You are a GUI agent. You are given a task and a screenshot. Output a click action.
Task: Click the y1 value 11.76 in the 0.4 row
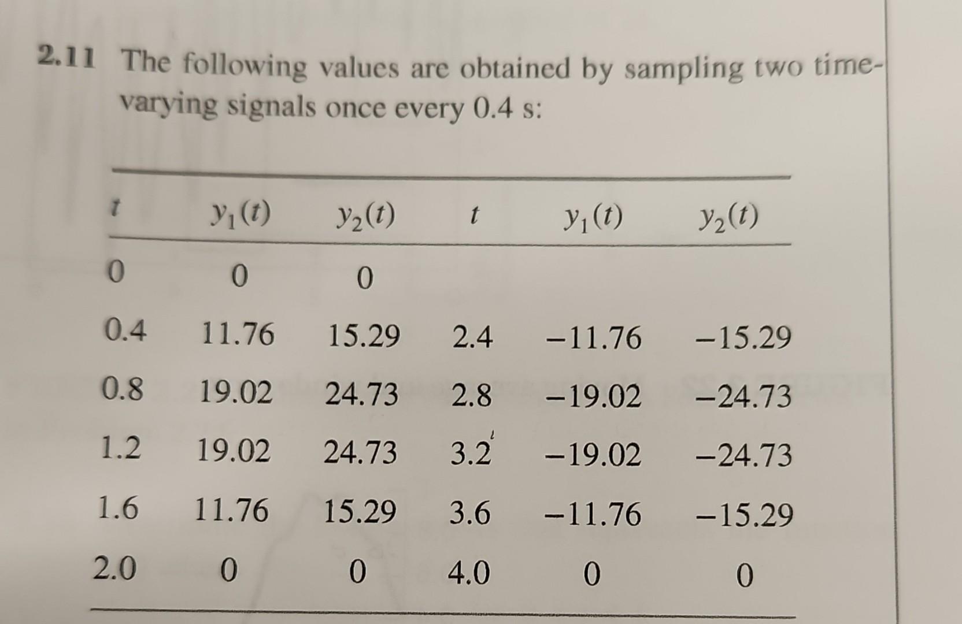[237, 335]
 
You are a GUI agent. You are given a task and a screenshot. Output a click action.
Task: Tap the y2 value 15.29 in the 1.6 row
[360, 511]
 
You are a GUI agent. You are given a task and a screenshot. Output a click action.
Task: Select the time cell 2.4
[472, 337]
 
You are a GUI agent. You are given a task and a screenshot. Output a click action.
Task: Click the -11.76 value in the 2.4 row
[593, 338]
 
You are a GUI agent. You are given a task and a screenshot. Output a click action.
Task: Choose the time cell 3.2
[471, 454]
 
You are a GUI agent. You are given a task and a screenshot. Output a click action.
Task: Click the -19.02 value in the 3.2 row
[593, 455]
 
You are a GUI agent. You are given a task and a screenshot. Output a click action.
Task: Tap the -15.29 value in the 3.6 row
[744, 515]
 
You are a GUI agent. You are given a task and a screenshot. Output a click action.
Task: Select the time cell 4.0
[469, 573]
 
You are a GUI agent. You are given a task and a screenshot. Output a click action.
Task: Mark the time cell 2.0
[115, 569]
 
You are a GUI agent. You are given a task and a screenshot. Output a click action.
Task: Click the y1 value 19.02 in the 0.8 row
[235, 393]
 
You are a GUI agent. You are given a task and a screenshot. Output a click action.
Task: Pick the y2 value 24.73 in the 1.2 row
[360, 452]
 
